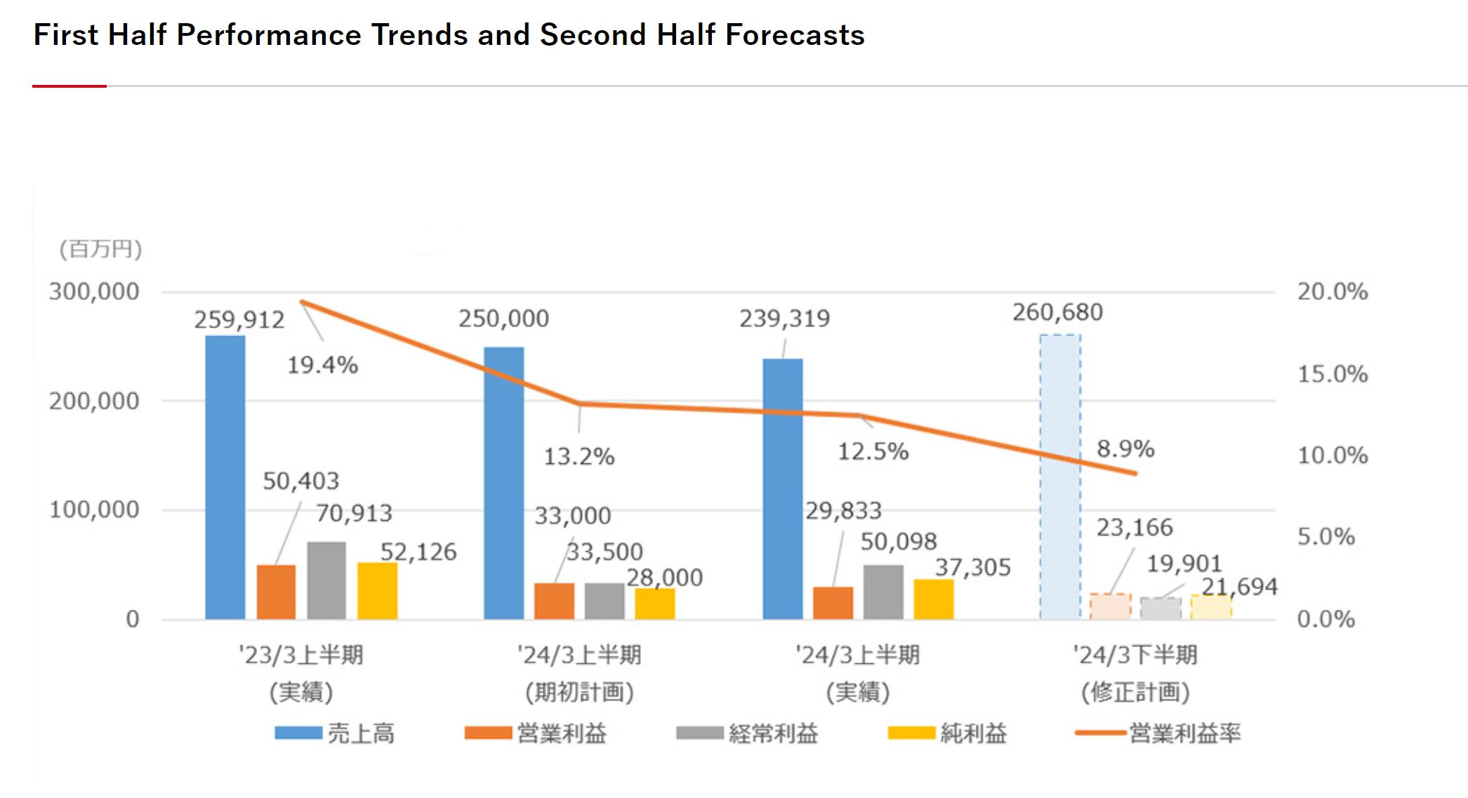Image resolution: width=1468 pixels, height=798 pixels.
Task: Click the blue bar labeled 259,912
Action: (x=225, y=477)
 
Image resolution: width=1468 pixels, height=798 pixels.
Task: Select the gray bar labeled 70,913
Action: (x=326, y=580)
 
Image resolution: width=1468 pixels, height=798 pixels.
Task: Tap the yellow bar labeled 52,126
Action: (x=377, y=591)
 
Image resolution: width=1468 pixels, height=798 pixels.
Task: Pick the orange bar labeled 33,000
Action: (x=554, y=601)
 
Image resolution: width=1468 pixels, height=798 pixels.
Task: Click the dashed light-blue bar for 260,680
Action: (x=1060, y=477)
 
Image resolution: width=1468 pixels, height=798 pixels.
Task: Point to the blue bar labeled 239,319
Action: (x=783, y=489)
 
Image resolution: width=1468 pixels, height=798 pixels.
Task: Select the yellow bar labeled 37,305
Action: (x=934, y=599)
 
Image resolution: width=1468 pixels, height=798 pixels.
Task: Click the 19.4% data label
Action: (x=323, y=366)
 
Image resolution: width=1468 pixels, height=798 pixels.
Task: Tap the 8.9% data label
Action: (x=1125, y=449)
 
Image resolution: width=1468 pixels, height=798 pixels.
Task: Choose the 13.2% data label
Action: (x=579, y=457)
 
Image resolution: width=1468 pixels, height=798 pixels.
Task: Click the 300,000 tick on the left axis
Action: (x=94, y=292)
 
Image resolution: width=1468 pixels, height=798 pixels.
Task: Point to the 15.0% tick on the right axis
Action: (x=1332, y=374)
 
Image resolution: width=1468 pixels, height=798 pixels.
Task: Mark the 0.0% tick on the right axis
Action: (x=1325, y=619)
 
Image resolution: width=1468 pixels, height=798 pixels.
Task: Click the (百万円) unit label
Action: (x=100, y=249)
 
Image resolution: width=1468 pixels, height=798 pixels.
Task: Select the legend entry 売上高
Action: (x=361, y=733)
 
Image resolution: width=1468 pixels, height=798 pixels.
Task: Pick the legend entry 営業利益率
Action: (x=1184, y=733)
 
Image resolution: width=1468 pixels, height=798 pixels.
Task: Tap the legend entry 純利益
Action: (x=973, y=733)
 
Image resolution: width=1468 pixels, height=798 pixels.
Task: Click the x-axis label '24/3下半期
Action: (x=1135, y=656)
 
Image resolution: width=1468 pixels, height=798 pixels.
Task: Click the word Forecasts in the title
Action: (x=795, y=35)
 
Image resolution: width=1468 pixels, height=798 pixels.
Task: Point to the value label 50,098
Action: (x=899, y=542)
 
